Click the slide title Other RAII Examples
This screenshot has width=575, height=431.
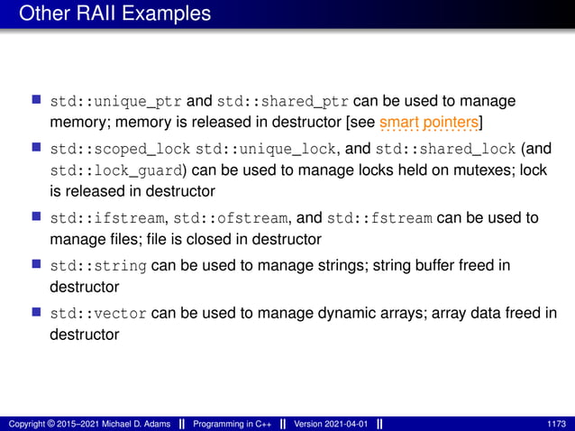click(114, 14)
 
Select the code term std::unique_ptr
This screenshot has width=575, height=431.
click(116, 99)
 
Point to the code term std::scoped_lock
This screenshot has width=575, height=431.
click(121, 148)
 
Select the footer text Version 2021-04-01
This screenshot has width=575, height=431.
click(332, 424)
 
